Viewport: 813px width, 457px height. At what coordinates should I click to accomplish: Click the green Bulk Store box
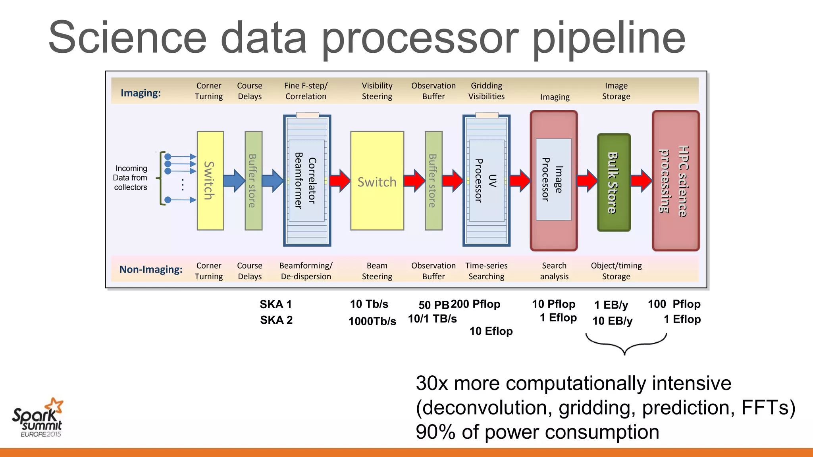614,182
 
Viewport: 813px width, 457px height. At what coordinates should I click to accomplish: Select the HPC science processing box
676,180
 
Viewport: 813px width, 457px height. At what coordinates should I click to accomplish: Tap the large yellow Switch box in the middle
377,181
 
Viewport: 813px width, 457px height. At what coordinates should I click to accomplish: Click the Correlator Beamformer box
306,180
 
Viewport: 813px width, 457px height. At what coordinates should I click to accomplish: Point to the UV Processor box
486,180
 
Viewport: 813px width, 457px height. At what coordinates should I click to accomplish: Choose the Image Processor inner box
553,179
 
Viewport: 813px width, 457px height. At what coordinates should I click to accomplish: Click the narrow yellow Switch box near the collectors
210,180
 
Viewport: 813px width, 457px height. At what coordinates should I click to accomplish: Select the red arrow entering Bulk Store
587,181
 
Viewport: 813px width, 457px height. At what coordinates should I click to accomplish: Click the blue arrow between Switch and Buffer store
234,180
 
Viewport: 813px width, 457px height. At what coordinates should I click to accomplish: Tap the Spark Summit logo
38,418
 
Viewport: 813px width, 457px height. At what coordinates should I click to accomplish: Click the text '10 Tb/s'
369,304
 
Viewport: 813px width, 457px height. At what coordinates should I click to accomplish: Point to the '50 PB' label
433,305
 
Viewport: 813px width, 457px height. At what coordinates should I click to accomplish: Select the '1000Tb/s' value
372,321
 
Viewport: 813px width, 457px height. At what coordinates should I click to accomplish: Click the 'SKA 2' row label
276,320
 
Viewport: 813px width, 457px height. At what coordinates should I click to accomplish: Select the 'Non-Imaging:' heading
151,270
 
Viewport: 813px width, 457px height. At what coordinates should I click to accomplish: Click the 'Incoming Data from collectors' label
130,178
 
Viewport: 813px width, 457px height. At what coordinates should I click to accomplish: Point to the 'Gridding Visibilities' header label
486,91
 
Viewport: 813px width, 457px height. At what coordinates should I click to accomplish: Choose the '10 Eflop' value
491,331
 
